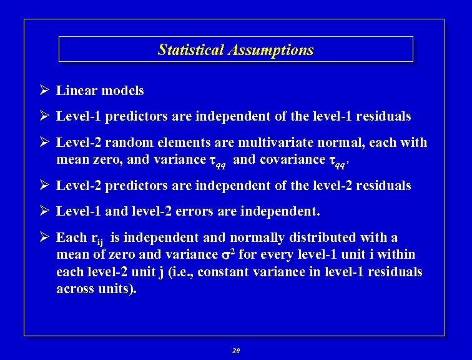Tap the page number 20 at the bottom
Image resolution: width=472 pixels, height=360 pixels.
click(x=235, y=351)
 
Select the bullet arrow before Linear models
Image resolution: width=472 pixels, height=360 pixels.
click(x=44, y=91)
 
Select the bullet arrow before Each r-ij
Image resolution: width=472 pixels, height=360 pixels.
click(x=44, y=237)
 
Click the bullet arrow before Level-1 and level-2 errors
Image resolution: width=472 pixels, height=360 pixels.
click(x=44, y=211)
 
